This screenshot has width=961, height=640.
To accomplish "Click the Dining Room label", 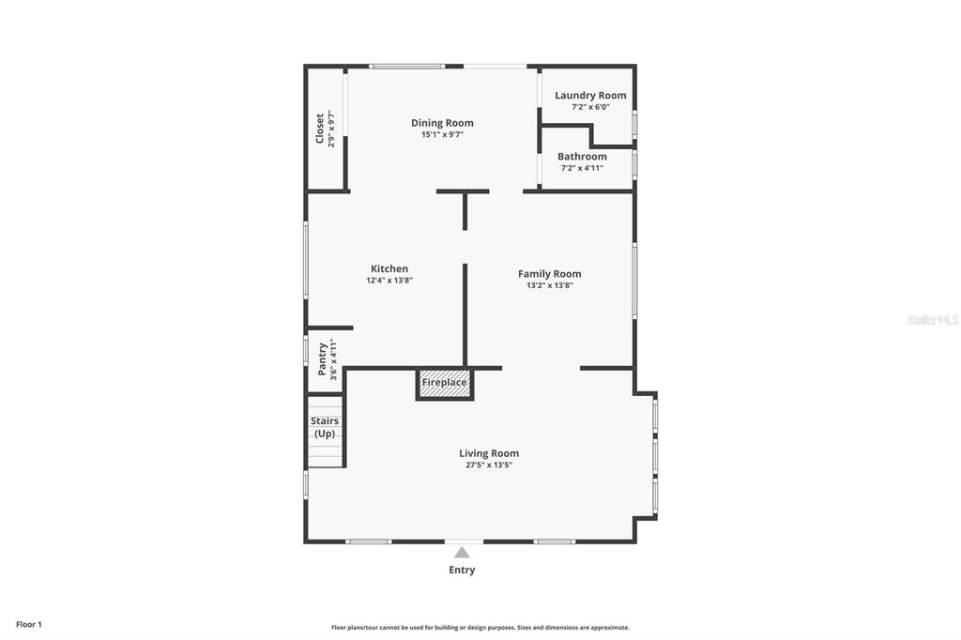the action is click(x=442, y=123).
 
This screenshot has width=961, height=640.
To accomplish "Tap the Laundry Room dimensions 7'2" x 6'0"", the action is click(x=590, y=107).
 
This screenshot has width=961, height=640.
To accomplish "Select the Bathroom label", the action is click(x=582, y=157).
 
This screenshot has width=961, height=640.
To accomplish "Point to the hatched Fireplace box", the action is click(x=444, y=384).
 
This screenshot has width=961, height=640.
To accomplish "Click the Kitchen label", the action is click(x=389, y=268).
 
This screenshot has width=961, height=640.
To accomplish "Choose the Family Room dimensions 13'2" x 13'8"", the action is click(x=550, y=285).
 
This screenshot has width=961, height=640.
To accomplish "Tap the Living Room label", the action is click(x=489, y=453).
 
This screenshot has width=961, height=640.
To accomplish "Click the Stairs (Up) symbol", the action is click(x=325, y=432).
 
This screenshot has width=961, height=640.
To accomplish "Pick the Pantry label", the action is click(x=323, y=359).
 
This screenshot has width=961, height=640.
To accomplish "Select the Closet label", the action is click(x=319, y=129).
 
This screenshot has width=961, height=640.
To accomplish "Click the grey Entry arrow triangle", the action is click(x=462, y=553).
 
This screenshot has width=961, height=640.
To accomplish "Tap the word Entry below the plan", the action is click(x=462, y=571).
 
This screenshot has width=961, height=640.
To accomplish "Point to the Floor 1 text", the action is click(x=29, y=624).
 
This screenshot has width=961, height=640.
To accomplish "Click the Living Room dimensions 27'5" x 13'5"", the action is click(x=489, y=465).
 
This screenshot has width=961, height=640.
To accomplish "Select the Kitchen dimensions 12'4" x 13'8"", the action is click(x=389, y=281).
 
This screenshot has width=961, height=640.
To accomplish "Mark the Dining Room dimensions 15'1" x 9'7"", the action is click(x=442, y=134).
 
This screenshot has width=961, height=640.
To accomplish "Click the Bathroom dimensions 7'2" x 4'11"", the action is click(x=582, y=168).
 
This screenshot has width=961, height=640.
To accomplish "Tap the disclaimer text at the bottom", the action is click(x=480, y=627).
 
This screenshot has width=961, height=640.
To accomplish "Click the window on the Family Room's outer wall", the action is click(x=634, y=281).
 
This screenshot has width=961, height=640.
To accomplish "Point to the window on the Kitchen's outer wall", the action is click(x=306, y=260).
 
